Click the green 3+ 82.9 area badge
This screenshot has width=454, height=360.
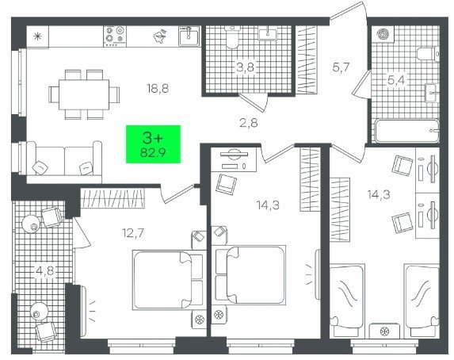coord(153,144)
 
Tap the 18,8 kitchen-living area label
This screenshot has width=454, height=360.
coord(158,89)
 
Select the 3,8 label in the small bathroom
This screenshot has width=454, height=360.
coord(246,67)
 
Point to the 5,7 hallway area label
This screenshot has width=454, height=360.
coord(341,67)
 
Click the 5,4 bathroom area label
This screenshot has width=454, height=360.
coord(396,79)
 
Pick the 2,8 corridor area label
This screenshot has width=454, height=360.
coord(249,123)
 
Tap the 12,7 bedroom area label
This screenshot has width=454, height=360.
coord(133,233)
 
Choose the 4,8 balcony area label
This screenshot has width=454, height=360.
coord(45,272)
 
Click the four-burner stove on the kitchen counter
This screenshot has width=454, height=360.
coord(115,36)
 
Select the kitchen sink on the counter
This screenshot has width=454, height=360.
coord(189,36)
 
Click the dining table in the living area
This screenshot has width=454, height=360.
coord(84,94)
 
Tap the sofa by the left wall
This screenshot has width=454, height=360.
coord(64,162)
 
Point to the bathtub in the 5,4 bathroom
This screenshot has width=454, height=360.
coord(406,131)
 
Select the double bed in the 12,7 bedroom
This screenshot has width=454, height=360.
coord(169,279)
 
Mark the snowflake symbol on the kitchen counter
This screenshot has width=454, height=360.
coord(37,36)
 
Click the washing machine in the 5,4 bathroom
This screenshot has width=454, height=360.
coord(383,34)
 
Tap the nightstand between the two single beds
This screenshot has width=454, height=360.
coord(384,331)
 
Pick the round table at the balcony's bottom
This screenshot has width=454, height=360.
coord(39,312)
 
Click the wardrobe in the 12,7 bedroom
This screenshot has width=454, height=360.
coord(112,198)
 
